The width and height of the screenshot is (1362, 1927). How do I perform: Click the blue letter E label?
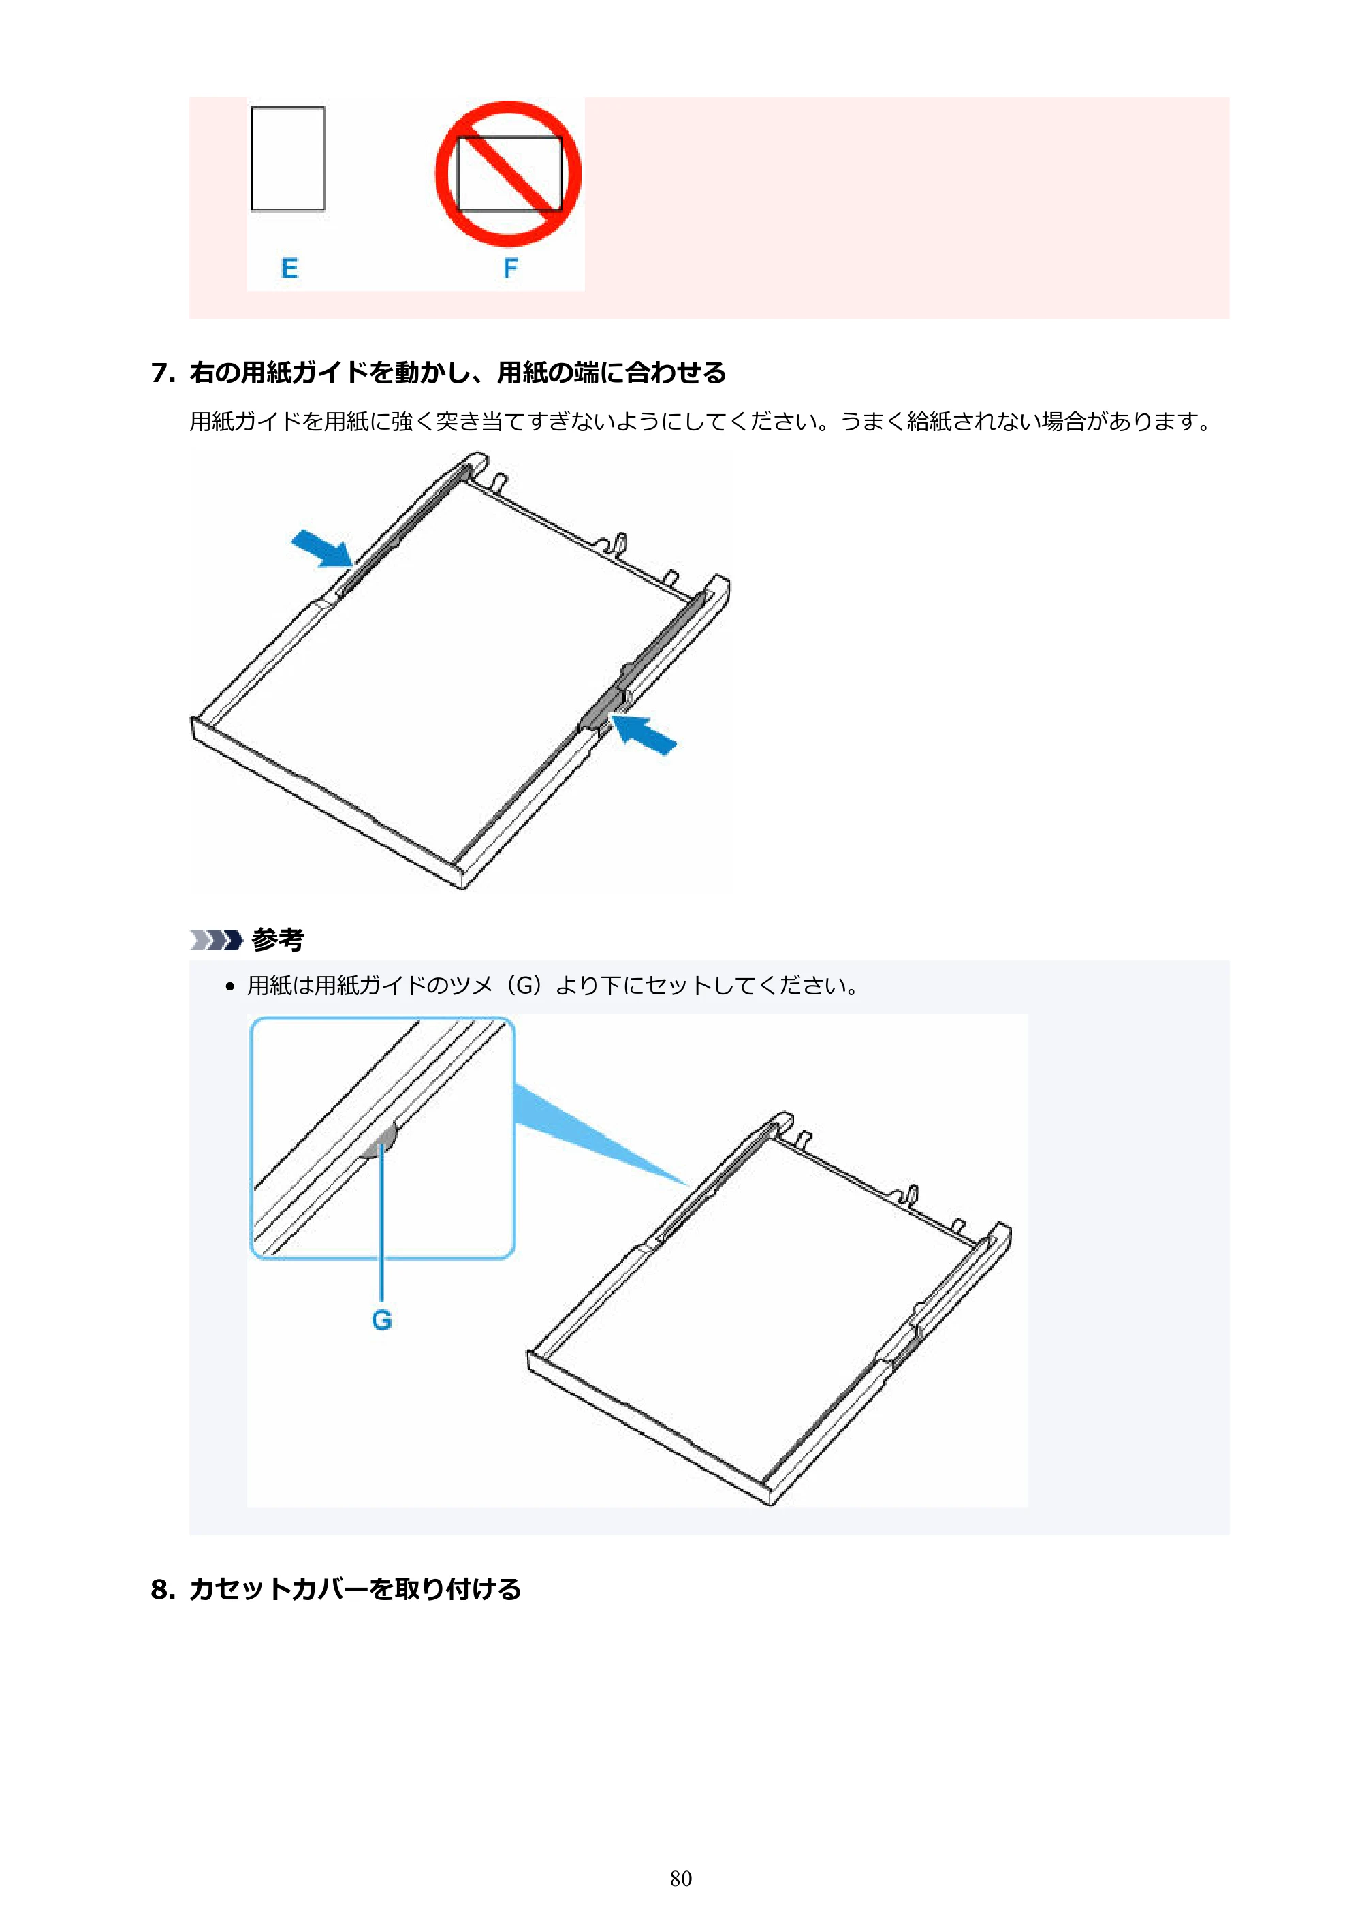pyautogui.click(x=289, y=268)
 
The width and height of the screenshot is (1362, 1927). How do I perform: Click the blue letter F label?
pyautogui.click(x=510, y=268)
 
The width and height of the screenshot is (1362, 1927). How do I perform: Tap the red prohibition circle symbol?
pyautogui.click(x=508, y=174)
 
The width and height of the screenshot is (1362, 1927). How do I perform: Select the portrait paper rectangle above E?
pyautogui.click(x=288, y=159)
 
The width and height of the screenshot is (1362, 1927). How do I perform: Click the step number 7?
pyautogui.click(x=163, y=373)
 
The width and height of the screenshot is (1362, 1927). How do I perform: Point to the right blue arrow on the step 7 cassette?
pyautogui.click(x=643, y=734)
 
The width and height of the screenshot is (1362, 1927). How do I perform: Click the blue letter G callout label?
pyautogui.click(x=382, y=1319)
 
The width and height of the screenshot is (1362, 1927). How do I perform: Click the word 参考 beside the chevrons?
pyautogui.click(x=278, y=939)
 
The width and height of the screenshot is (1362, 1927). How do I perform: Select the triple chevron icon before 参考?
pyautogui.click(x=217, y=940)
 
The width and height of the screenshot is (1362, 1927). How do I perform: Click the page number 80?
pyautogui.click(x=680, y=1879)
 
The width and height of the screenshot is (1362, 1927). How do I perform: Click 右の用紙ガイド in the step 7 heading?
pyautogui.click(x=266, y=373)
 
